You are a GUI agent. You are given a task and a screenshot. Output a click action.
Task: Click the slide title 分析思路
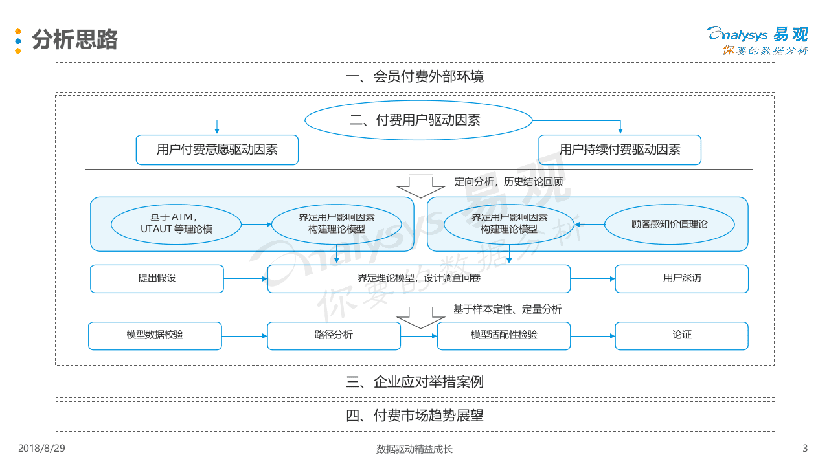74,39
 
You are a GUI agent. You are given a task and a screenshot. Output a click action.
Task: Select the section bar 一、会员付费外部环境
414,77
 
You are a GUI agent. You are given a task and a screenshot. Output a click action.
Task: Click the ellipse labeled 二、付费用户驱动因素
418,120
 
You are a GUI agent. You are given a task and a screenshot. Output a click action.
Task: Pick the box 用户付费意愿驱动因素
217,150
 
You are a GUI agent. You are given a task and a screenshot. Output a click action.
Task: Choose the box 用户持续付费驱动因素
620,150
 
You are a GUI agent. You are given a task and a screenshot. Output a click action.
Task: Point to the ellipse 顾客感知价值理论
669,224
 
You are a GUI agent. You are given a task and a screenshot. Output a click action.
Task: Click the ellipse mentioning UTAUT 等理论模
176,224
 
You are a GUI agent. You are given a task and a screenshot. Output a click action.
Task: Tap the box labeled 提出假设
157,278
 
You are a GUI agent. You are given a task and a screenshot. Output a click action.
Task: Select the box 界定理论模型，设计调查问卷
419,278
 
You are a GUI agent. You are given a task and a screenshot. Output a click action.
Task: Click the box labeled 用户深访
681,278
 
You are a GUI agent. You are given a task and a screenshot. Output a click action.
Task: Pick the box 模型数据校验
155,335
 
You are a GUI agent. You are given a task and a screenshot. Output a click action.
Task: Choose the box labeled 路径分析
334,335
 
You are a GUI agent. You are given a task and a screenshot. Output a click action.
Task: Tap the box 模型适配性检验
504,335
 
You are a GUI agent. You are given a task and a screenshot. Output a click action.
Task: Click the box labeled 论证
681,335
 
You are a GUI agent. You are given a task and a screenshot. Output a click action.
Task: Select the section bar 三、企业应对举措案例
414,383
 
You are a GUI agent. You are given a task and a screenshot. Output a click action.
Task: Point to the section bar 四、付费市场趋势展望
414,416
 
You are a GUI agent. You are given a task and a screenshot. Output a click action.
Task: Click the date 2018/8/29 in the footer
41,449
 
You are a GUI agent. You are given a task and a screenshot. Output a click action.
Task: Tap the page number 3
805,449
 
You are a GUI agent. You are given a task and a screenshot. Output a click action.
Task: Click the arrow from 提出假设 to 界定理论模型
245,278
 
